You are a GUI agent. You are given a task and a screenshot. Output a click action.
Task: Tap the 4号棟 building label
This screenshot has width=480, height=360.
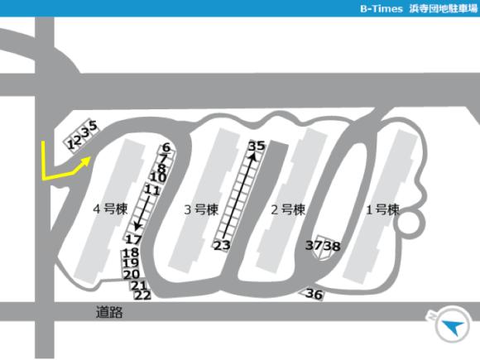110,209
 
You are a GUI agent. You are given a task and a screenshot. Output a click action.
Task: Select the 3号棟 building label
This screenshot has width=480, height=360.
201,209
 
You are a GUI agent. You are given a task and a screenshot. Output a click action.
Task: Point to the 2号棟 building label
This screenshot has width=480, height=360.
288,209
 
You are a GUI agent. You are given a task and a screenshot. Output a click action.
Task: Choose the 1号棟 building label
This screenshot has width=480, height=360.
382,209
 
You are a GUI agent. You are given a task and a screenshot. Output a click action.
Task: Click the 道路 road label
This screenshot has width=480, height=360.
109,312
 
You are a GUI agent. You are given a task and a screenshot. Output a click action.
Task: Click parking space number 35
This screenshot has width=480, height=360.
257,146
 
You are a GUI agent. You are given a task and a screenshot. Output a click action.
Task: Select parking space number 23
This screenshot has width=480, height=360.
222,245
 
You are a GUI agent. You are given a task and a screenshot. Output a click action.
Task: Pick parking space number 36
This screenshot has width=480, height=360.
314,294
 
